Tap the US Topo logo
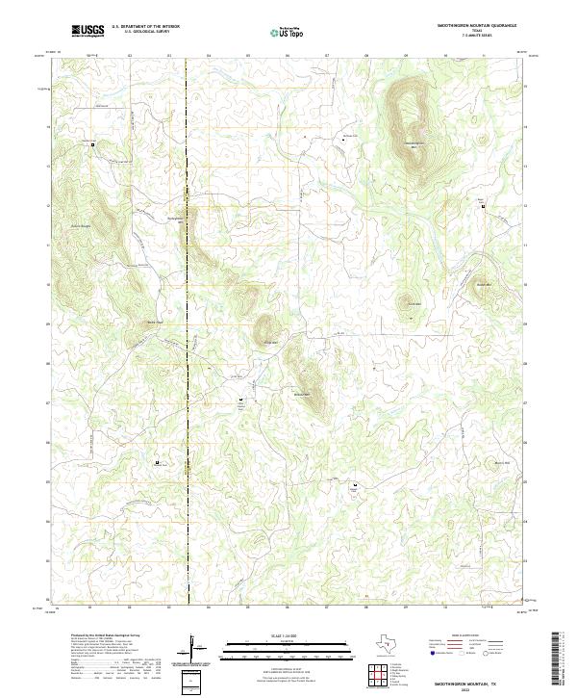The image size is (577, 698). [x=289, y=31]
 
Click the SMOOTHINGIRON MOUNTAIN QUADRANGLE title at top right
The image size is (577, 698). [x=476, y=26]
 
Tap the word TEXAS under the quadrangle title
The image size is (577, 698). [x=477, y=31]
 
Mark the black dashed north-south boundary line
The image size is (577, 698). [x=188, y=385]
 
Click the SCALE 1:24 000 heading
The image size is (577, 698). [x=288, y=635]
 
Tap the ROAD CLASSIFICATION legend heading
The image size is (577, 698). [x=460, y=636]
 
